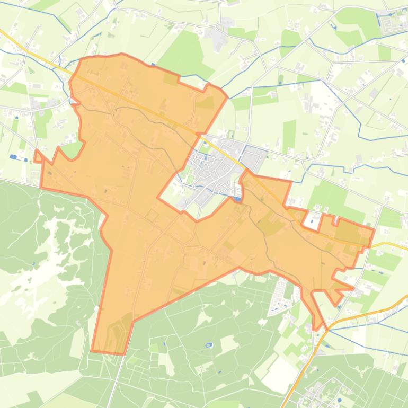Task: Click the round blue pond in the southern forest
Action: point(208,345)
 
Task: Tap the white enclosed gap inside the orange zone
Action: point(313,221)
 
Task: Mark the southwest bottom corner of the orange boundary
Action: point(92,350)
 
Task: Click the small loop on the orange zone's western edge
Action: point(38,156)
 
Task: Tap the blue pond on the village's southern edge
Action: point(237,199)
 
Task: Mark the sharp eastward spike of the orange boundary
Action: point(352,288)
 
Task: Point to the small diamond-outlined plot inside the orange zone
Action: point(152,215)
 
